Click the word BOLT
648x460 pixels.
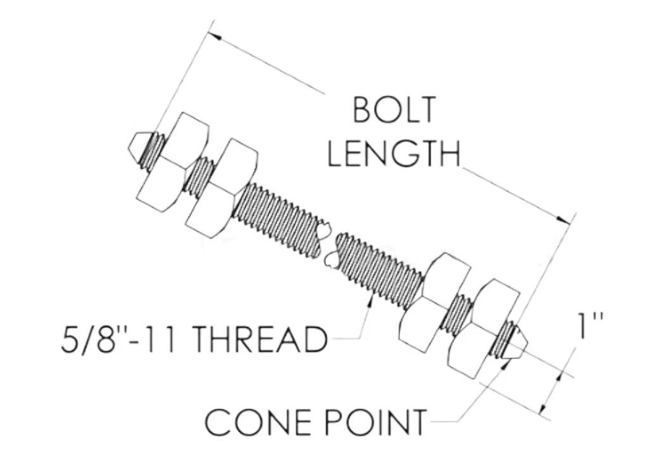click(395, 110)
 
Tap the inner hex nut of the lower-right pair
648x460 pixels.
click(433, 303)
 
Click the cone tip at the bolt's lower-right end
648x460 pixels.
click(519, 345)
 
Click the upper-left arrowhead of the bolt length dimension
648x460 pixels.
click(214, 35)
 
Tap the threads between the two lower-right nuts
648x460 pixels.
click(458, 315)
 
